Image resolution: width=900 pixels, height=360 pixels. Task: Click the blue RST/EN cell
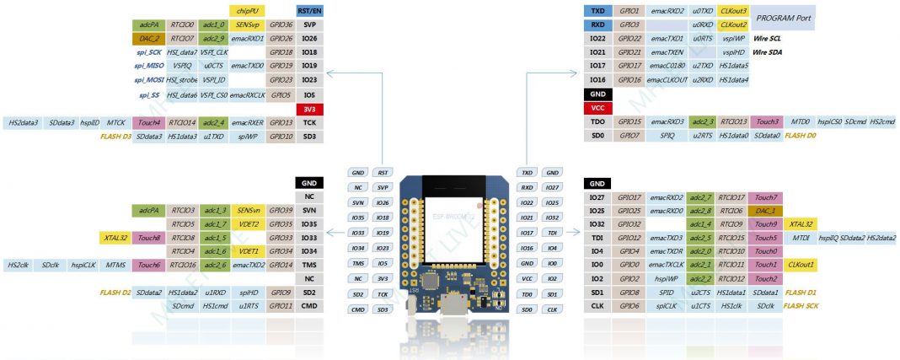(x=309, y=11)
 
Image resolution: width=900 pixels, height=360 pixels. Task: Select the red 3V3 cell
(x=309, y=109)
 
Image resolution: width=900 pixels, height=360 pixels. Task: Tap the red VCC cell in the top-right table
(x=597, y=108)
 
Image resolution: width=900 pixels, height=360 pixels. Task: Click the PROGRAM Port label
(x=781, y=18)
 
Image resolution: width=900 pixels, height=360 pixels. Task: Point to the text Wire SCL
(x=767, y=39)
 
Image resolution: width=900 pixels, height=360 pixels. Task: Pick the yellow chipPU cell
(x=247, y=11)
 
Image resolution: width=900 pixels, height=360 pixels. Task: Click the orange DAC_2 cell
(x=147, y=39)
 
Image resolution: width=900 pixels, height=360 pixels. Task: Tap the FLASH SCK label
(x=801, y=306)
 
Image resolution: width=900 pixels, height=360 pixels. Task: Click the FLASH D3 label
(x=115, y=136)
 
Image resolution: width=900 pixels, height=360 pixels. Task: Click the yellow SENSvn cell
(x=247, y=210)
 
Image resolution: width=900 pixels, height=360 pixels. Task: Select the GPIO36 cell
(x=281, y=25)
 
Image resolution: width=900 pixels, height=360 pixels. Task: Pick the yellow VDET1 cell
(x=247, y=251)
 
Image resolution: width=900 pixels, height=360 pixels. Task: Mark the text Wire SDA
(x=767, y=52)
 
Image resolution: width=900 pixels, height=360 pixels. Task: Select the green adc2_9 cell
(x=214, y=39)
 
